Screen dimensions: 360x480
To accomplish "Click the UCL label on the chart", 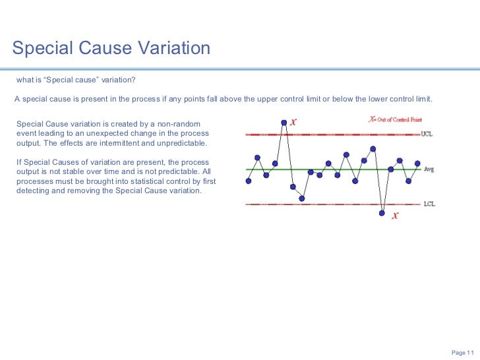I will click(427, 135).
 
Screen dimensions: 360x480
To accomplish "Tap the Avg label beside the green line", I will click(429, 169).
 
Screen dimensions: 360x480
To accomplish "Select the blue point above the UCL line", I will click(284, 122).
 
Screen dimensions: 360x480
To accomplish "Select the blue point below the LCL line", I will click(382, 213).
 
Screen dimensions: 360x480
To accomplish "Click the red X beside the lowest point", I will click(395, 216).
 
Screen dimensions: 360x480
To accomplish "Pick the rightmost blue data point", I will click(417, 163).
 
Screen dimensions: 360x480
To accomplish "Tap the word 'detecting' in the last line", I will click(34, 191).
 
